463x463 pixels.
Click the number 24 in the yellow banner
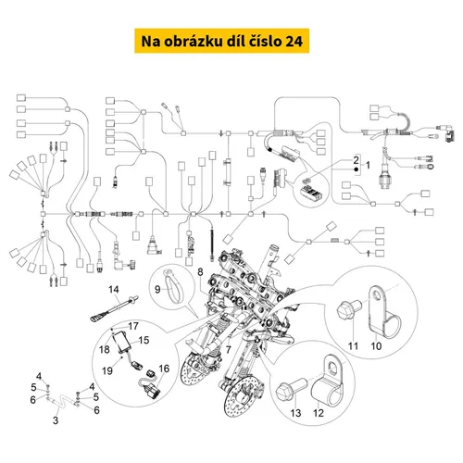coord(294,41)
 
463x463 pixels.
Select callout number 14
coord(114,289)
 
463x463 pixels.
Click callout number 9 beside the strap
coord(157,289)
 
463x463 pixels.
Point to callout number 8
coord(200,272)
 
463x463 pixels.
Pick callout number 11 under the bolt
coord(353,346)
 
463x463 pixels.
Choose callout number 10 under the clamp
coord(376,346)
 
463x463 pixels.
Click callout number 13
coord(295,413)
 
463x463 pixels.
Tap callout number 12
coord(319,413)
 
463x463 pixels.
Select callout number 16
coord(164,369)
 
